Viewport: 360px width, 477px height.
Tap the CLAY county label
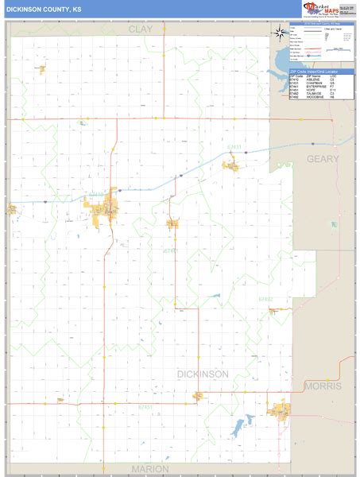(141, 29)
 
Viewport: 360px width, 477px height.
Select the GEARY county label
(323, 159)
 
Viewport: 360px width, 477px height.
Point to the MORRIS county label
(323, 386)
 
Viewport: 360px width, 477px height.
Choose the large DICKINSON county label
(201, 374)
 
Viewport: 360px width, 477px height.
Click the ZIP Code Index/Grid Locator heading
(318, 72)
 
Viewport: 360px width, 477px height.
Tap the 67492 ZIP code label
(265, 299)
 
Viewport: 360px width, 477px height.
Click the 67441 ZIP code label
(169, 251)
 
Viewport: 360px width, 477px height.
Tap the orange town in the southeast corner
(280, 411)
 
